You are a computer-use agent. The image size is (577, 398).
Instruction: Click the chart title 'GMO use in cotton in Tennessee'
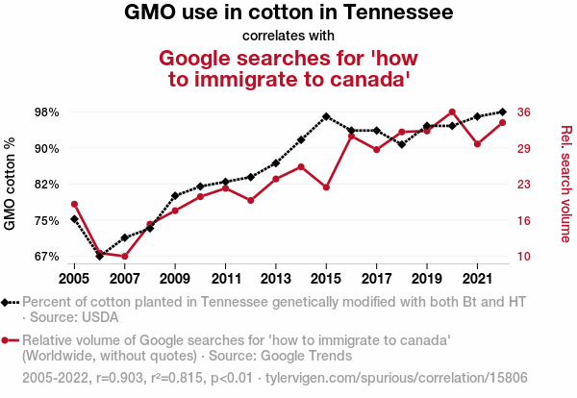click(288, 14)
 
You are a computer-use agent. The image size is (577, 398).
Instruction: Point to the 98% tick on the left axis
click(46, 112)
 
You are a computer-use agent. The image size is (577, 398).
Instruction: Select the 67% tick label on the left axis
click(46, 257)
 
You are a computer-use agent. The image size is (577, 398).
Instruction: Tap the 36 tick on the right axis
click(524, 112)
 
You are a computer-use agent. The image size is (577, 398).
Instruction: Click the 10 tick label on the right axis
click(524, 257)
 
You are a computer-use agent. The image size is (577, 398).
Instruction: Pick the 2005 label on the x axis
click(74, 279)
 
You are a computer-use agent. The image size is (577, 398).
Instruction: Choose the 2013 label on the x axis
click(276, 279)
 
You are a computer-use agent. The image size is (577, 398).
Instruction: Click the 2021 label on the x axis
click(477, 279)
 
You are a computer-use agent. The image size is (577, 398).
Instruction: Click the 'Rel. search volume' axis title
click(565, 184)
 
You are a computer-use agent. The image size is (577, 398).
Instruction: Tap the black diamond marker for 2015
click(326, 116)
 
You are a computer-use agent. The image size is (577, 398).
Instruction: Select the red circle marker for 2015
click(326, 187)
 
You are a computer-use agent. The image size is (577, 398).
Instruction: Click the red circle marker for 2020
click(452, 112)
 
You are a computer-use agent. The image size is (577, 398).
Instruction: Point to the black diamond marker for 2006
click(100, 257)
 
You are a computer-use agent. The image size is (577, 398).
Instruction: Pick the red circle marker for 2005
click(74, 204)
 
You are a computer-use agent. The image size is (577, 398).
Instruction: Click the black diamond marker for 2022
click(503, 112)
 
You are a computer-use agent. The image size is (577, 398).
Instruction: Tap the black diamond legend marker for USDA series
click(10, 302)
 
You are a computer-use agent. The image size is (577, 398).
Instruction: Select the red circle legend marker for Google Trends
click(10, 340)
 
